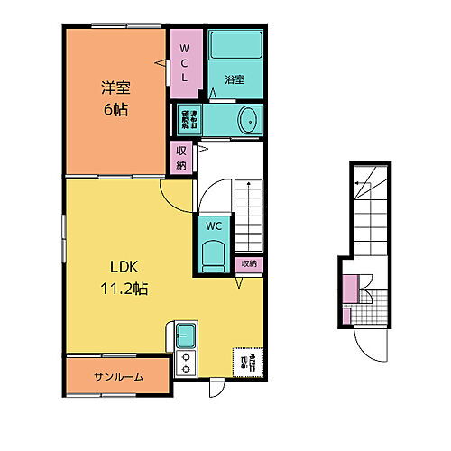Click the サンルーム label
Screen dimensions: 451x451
click(x=116, y=377)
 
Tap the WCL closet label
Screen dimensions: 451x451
click(x=184, y=63)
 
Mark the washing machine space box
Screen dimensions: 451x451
click(x=185, y=121)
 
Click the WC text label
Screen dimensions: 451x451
click(x=214, y=225)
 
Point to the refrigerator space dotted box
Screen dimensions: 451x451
click(x=246, y=363)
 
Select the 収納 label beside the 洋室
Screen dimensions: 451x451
click(x=181, y=159)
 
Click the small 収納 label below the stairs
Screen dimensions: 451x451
click(x=249, y=263)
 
